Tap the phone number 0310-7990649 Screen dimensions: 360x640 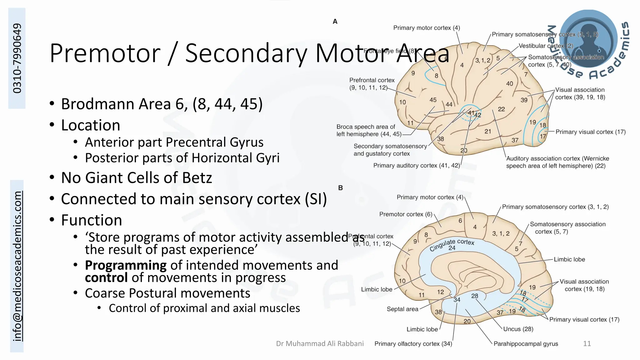pyautogui.click(x=17, y=58)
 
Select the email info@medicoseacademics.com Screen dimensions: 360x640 pyautogui.click(x=17, y=266)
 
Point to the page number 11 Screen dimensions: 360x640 pyautogui.click(x=587, y=344)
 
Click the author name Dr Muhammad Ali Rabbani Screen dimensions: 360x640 pyautogui.click(x=320, y=344)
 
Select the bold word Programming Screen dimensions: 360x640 pyautogui.click(x=126, y=265)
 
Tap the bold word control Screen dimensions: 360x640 pyautogui.click(x=106, y=278)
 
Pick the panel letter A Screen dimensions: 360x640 pyautogui.click(x=335, y=22)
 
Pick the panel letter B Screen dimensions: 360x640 pyautogui.click(x=340, y=188)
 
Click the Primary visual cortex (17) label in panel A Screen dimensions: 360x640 pyautogui.click(x=590, y=132)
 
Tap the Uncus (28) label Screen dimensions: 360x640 pyautogui.click(x=518, y=329)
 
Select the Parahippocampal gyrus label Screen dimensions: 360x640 pyautogui.click(x=526, y=344)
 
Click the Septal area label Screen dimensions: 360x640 pyautogui.click(x=402, y=309)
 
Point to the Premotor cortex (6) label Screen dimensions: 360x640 pyautogui.click(x=406, y=214)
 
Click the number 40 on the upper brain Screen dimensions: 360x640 pyautogui.click(x=509, y=84)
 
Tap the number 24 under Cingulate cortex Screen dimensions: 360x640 pyautogui.click(x=452, y=248)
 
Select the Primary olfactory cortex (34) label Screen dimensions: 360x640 pyautogui.click(x=413, y=344)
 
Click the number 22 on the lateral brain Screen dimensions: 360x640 pyautogui.click(x=501, y=109)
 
